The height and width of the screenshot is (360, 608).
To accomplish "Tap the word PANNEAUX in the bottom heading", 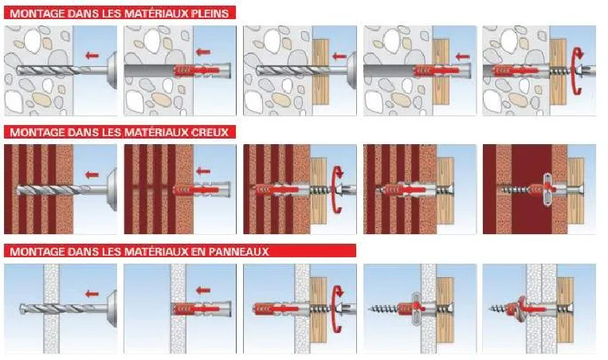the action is pos(238,252).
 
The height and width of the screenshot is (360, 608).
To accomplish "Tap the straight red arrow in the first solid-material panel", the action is pos(92,56).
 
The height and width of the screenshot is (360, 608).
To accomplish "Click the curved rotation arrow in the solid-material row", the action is pos(577,71).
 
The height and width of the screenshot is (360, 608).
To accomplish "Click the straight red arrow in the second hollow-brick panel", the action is pos(203,171).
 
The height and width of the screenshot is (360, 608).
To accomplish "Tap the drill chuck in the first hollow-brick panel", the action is pos(112,190).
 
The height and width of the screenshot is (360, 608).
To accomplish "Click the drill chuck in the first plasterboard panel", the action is pos(112,309).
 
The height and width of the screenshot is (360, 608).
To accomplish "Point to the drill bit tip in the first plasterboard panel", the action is pos(21,309).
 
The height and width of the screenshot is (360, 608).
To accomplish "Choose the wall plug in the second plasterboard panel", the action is pos(201,309).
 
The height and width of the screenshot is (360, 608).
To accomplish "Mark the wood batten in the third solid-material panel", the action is pos(320,72).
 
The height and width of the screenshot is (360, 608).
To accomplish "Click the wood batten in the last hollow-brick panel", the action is pos(575,190).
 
